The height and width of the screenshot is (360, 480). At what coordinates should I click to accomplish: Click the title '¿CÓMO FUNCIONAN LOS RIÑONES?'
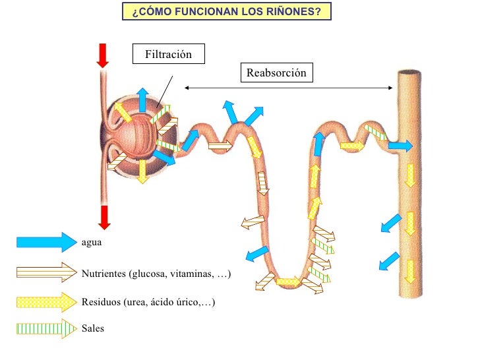(x=227, y=11)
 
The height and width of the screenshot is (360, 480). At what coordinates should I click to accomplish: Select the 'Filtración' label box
(x=168, y=54)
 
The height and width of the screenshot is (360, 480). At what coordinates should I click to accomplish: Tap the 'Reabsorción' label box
(x=276, y=73)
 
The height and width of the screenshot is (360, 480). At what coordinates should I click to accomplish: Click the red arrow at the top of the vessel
(x=102, y=55)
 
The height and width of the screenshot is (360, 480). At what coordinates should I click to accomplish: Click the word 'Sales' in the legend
(x=93, y=328)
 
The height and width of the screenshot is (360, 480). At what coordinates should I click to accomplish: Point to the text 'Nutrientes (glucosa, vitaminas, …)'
(x=156, y=272)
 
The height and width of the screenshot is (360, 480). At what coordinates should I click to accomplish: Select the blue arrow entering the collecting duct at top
(x=400, y=146)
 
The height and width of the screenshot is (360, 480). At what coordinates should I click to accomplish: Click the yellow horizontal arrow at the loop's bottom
(x=287, y=282)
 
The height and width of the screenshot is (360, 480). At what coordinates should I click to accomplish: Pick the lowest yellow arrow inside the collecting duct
(x=410, y=270)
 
